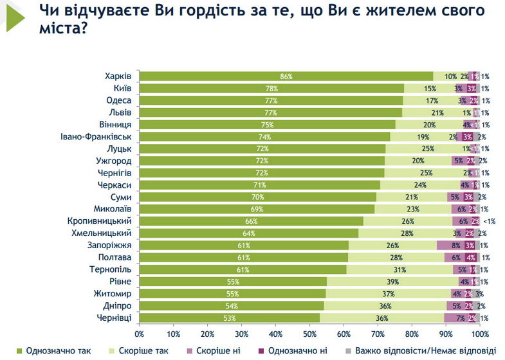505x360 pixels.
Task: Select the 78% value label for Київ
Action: pos(271,89)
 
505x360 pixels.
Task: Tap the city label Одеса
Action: pos(118,100)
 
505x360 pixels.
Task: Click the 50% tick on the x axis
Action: pos(309,334)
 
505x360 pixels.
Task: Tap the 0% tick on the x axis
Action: pos(139,334)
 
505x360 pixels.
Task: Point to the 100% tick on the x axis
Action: pos(480,334)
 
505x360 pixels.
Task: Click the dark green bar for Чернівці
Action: pos(229,318)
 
